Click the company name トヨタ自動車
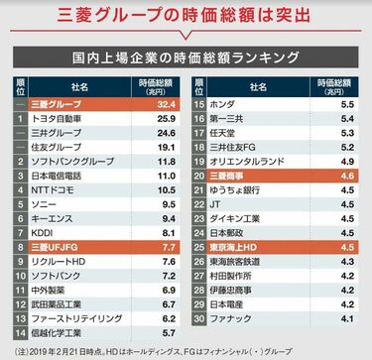(62, 118)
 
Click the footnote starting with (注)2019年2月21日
(186, 349)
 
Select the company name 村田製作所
(242, 277)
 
